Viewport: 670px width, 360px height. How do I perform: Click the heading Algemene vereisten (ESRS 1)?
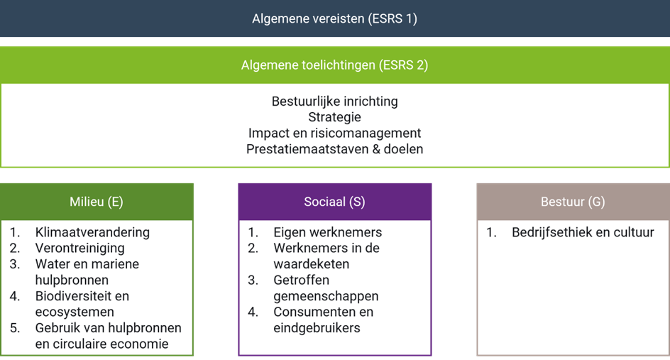pos(334,18)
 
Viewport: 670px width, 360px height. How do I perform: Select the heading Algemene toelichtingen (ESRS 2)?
pos(334,65)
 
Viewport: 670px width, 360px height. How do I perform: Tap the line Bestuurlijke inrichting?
pos(334,102)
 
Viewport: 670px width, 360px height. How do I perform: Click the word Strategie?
pos(334,117)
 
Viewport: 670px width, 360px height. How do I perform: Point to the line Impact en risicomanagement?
pos(334,133)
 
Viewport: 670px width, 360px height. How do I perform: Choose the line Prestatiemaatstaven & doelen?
pos(334,149)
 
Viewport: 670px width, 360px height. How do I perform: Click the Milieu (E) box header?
pos(97,202)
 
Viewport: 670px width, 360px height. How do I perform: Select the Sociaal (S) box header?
pos(334,202)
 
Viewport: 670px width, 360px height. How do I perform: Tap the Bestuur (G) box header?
pos(573,202)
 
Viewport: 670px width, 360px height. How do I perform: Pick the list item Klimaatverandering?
pos(92,232)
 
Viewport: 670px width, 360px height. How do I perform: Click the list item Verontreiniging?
pos(80,248)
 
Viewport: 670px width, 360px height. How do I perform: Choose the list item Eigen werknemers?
pos(328,232)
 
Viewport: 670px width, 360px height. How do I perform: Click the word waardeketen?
pos(311,264)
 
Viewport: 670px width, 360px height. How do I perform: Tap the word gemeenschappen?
pos(326,296)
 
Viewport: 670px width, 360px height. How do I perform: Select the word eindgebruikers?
pos(317,328)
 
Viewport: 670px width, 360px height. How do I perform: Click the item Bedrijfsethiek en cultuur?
pos(583,232)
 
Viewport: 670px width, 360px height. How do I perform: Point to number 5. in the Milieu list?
pos(15,328)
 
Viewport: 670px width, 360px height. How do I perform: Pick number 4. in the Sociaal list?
pos(253,312)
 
